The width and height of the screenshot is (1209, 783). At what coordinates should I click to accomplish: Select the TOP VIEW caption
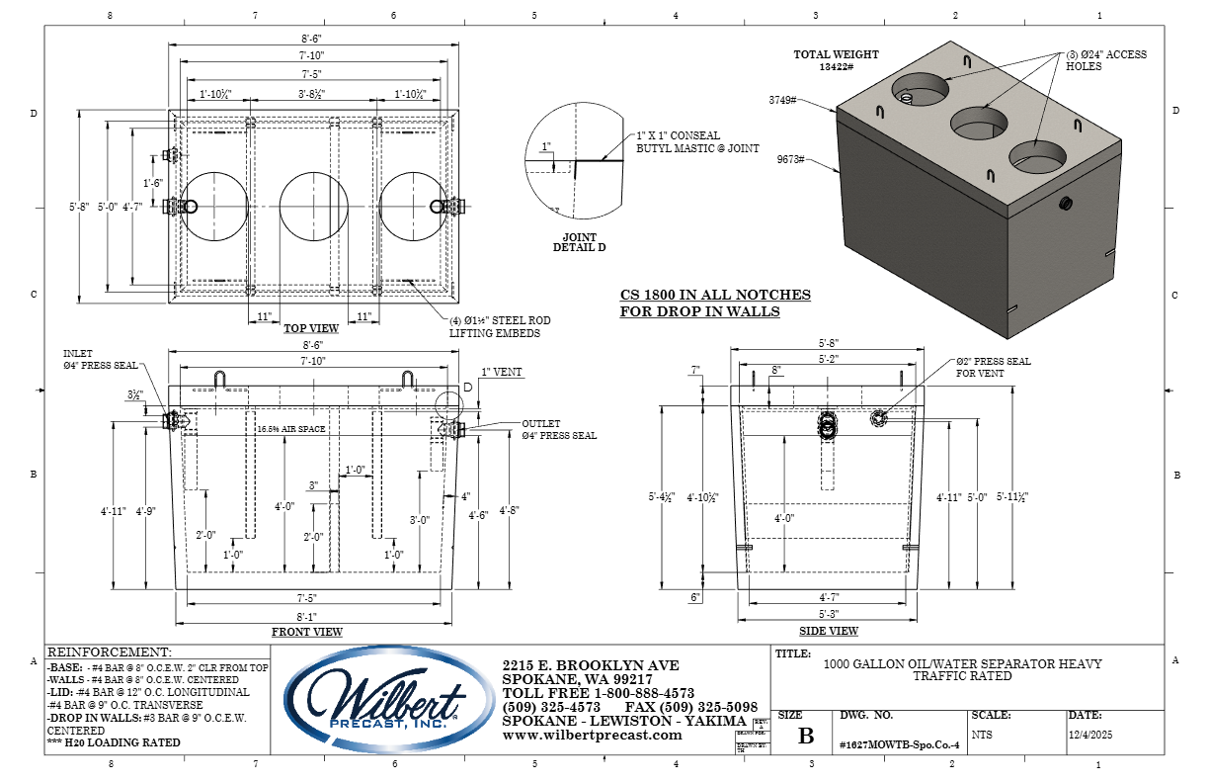pyautogui.click(x=311, y=328)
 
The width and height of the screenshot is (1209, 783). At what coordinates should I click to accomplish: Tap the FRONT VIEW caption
pyautogui.click(x=307, y=632)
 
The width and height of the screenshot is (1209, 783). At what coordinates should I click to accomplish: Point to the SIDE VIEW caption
pyautogui.click(x=829, y=631)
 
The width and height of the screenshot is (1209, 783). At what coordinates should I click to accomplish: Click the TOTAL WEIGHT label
pyautogui.click(x=837, y=55)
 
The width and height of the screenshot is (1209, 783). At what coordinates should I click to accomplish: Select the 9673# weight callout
pyautogui.click(x=791, y=159)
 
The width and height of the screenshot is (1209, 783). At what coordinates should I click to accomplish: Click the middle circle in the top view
pyautogui.click(x=313, y=207)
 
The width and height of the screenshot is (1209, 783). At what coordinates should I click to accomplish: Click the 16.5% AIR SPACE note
pyautogui.click(x=291, y=430)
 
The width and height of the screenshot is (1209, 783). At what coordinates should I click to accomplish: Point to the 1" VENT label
pyautogui.click(x=502, y=373)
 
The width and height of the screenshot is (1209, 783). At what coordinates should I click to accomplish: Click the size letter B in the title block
pyautogui.click(x=806, y=736)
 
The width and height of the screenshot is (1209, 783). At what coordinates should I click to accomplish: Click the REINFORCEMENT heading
pyautogui.click(x=110, y=652)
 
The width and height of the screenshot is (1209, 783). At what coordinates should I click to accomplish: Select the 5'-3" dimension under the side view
pyautogui.click(x=828, y=612)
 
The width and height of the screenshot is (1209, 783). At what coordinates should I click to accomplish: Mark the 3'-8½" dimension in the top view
pyautogui.click(x=312, y=94)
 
